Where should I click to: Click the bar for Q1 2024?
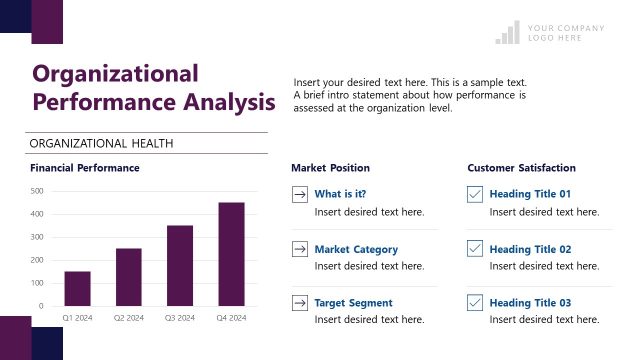[x=77, y=289]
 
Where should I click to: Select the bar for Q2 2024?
[x=128, y=277]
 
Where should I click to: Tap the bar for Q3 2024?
[x=180, y=266]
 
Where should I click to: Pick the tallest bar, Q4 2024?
[x=231, y=254]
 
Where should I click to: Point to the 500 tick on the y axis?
[x=36, y=191]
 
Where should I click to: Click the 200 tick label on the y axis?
[x=36, y=260]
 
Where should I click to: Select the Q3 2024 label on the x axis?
[x=180, y=318]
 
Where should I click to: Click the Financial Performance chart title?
[x=85, y=168]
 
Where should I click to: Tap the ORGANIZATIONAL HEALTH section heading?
[x=102, y=143]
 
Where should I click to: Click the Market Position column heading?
[x=330, y=168]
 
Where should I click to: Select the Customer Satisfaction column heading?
[x=521, y=168]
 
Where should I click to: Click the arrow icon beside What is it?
[x=299, y=195]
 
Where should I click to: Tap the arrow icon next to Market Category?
[x=299, y=249]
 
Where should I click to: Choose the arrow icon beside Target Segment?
[x=299, y=303]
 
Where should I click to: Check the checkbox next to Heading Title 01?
[x=474, y=195]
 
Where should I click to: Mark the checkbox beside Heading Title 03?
[x=474, y=303]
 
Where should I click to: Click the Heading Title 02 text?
[x=530, y=249]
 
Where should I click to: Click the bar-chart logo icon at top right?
[x=507, y=33]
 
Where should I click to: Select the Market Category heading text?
[x=356, y=249]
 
